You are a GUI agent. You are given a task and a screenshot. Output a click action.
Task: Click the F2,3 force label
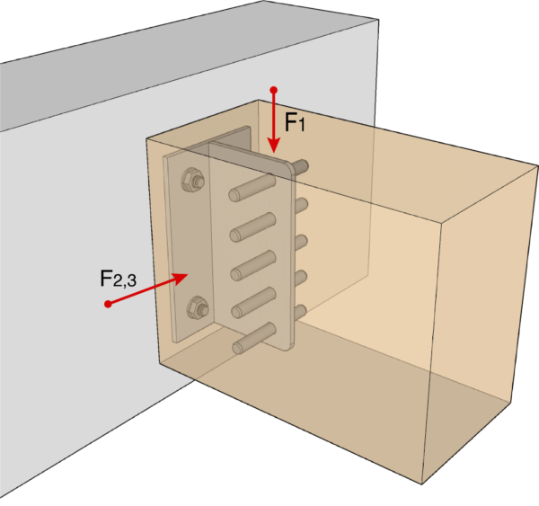(118, 278)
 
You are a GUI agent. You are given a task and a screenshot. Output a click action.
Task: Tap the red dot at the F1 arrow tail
(273, 90)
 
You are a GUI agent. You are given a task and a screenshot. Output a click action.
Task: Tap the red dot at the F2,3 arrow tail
(108, 304)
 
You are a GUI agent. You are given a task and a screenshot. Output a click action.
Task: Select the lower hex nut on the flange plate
(197, 310)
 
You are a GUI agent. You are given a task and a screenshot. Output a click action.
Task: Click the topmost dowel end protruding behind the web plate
(303, 166)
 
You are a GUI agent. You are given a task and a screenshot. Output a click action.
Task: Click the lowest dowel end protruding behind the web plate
(302, 312)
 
